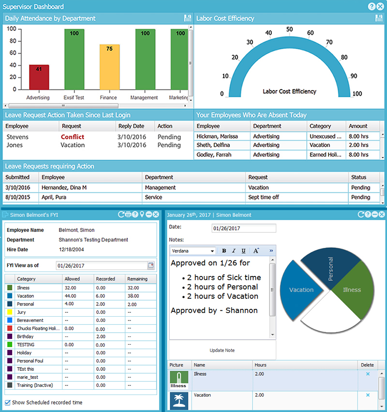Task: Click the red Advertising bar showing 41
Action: (39, 77)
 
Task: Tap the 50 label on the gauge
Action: (289, 30)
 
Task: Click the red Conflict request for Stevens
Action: (72, 137)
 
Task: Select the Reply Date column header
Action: (131, 126)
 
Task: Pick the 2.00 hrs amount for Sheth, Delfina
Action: (358, 145)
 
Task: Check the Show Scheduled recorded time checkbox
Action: (8, 402)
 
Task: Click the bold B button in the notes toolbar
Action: (224, 251)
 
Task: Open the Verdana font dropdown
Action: (193, 251)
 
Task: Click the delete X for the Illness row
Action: (368, 374)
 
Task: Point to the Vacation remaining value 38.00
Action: (134, 296)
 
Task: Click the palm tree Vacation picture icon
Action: (179, 400)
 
